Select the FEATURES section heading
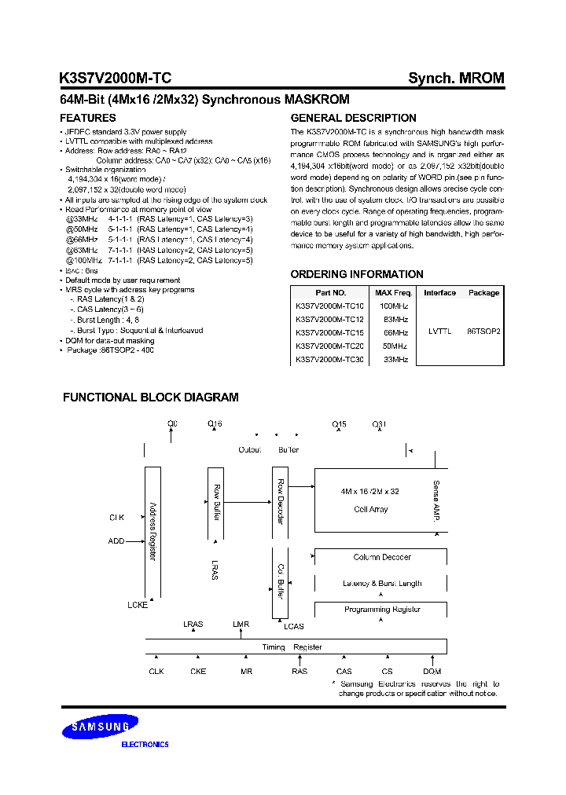[x=88, y=118]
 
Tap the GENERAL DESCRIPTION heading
[x=353, y=118]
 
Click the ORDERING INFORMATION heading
[x=357, y=274]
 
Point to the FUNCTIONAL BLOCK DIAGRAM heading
[x=150, y=397]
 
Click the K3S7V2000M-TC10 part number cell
[x=329, y=306]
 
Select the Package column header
[x=483, y=292]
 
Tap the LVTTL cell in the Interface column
[x=439, y=332]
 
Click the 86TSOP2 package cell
[x=483, y=332]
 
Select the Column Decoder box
[x=381, y=557]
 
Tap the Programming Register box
[x=381, y=610]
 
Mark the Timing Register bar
[x=296, y=647]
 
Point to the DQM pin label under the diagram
[x=432, y=672]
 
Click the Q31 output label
[x=380, y=425]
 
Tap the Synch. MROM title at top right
[x=456, y=78]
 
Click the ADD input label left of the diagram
[x=116, y=541]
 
